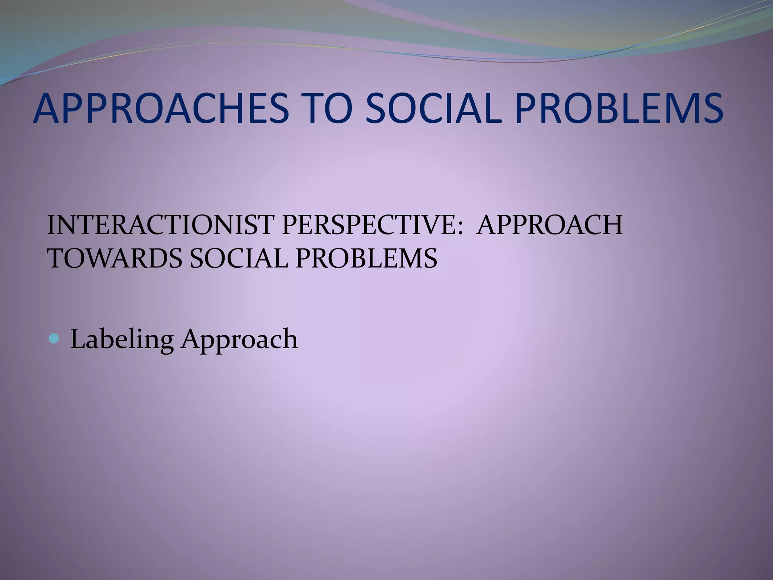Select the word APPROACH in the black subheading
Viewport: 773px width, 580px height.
coord(549,225)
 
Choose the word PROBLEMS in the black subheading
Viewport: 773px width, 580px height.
coord(366,259)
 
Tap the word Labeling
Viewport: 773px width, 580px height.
coord(122,339)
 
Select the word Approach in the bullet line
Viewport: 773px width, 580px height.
coord(239,339)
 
